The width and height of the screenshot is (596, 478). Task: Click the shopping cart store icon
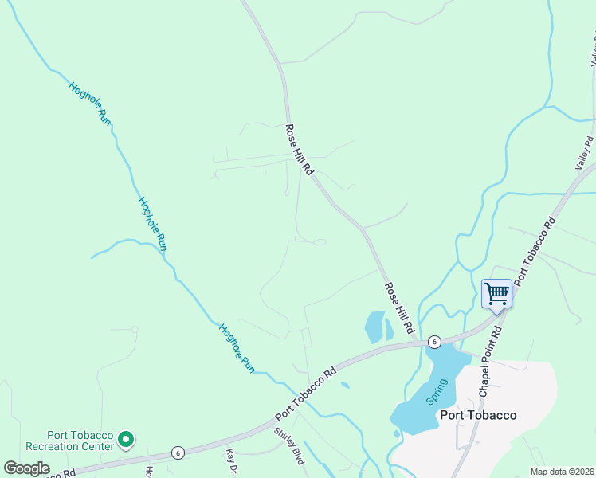(496, 294)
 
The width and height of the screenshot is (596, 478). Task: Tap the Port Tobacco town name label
(478, 415)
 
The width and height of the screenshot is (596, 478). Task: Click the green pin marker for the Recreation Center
(125, 439)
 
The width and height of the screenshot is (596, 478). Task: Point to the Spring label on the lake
(437, 391)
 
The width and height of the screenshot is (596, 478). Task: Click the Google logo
(27, 468)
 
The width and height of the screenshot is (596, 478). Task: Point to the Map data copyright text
(561, 472)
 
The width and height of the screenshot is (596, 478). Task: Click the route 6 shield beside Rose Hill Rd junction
(433, 341)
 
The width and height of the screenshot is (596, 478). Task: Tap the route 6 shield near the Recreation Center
(177, 453)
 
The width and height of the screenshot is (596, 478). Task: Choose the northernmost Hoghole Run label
(88, 102)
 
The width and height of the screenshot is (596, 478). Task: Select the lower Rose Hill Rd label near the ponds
(399, 308)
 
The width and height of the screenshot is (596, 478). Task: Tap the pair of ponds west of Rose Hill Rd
(378, 327)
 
